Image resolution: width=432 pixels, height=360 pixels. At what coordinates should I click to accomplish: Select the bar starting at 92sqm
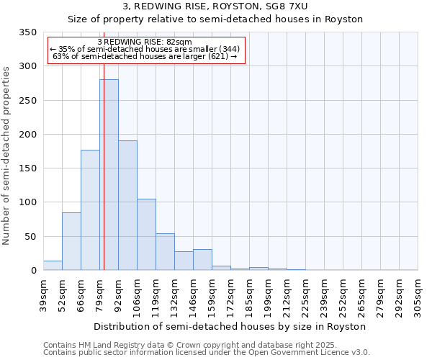pos(127,205)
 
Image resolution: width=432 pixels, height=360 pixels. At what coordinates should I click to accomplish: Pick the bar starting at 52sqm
pos(71,241)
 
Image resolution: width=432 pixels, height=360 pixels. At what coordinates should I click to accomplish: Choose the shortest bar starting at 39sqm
pos(53,266)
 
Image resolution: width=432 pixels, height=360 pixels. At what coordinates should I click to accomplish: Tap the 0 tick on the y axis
pos(33,271)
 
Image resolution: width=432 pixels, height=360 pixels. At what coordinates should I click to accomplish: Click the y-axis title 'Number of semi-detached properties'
pos(6,155)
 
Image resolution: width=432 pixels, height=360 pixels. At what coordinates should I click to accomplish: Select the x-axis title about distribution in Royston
pos(230,326)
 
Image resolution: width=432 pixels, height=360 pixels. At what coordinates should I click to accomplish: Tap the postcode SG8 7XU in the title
pos(305,6)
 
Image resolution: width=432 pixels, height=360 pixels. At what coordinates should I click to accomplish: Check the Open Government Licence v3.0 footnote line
pos(207,353)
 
